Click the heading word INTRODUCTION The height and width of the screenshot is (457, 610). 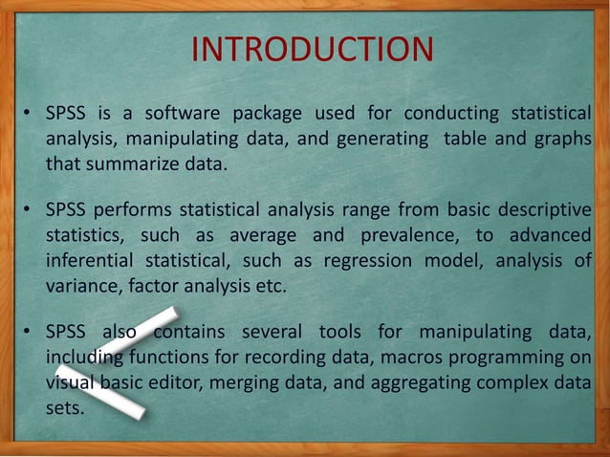313,49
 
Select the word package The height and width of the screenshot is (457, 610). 252,114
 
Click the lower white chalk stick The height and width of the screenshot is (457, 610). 100,392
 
